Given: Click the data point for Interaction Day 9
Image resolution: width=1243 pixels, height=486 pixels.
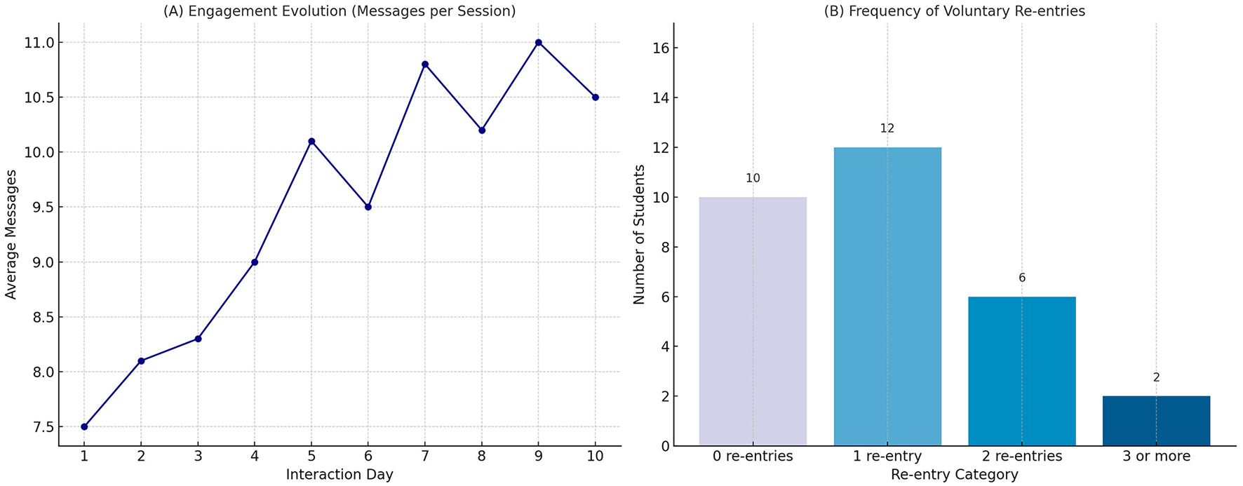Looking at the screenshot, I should (539, 43).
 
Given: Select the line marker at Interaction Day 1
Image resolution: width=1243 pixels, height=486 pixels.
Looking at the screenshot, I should (84, 426).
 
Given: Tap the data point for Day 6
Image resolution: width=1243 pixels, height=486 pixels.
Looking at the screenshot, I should (368, 207).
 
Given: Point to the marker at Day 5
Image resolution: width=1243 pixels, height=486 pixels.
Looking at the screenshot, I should (311, 141).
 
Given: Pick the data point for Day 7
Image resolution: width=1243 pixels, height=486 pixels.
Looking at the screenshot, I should (425, 65).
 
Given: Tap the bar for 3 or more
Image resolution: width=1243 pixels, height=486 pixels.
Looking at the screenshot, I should (1156, 421).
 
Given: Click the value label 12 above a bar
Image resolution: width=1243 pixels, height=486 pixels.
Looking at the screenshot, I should (887, 128).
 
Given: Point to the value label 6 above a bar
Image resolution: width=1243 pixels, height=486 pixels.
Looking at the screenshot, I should (1022, 278).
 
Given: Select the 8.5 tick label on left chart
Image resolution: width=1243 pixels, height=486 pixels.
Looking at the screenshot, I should (40, 317).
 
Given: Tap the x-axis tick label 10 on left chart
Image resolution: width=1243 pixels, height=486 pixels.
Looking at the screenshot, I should (596, 457).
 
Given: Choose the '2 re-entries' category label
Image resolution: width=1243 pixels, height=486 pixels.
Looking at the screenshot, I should (1022, 457).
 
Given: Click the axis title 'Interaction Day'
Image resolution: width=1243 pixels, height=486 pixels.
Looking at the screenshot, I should (340, 475).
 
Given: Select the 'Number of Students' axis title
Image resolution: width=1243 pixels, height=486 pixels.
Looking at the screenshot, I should (639, 235).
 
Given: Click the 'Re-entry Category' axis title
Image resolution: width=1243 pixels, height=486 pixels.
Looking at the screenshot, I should (954, 475).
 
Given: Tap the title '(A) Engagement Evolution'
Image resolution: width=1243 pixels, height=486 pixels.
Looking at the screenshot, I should (340, 11).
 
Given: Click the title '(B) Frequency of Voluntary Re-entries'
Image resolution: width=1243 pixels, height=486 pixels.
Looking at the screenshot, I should (954, 11).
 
